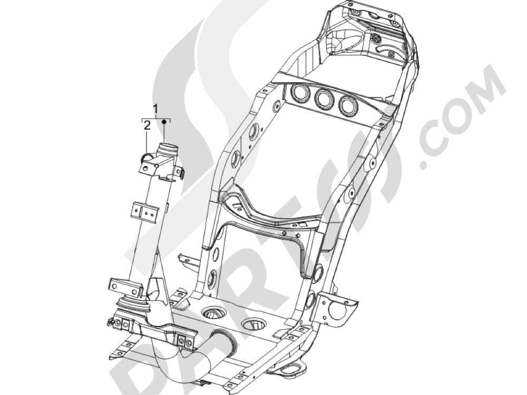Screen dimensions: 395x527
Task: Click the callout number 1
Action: coord(156,108)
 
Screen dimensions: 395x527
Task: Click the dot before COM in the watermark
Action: coord(425,163)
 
